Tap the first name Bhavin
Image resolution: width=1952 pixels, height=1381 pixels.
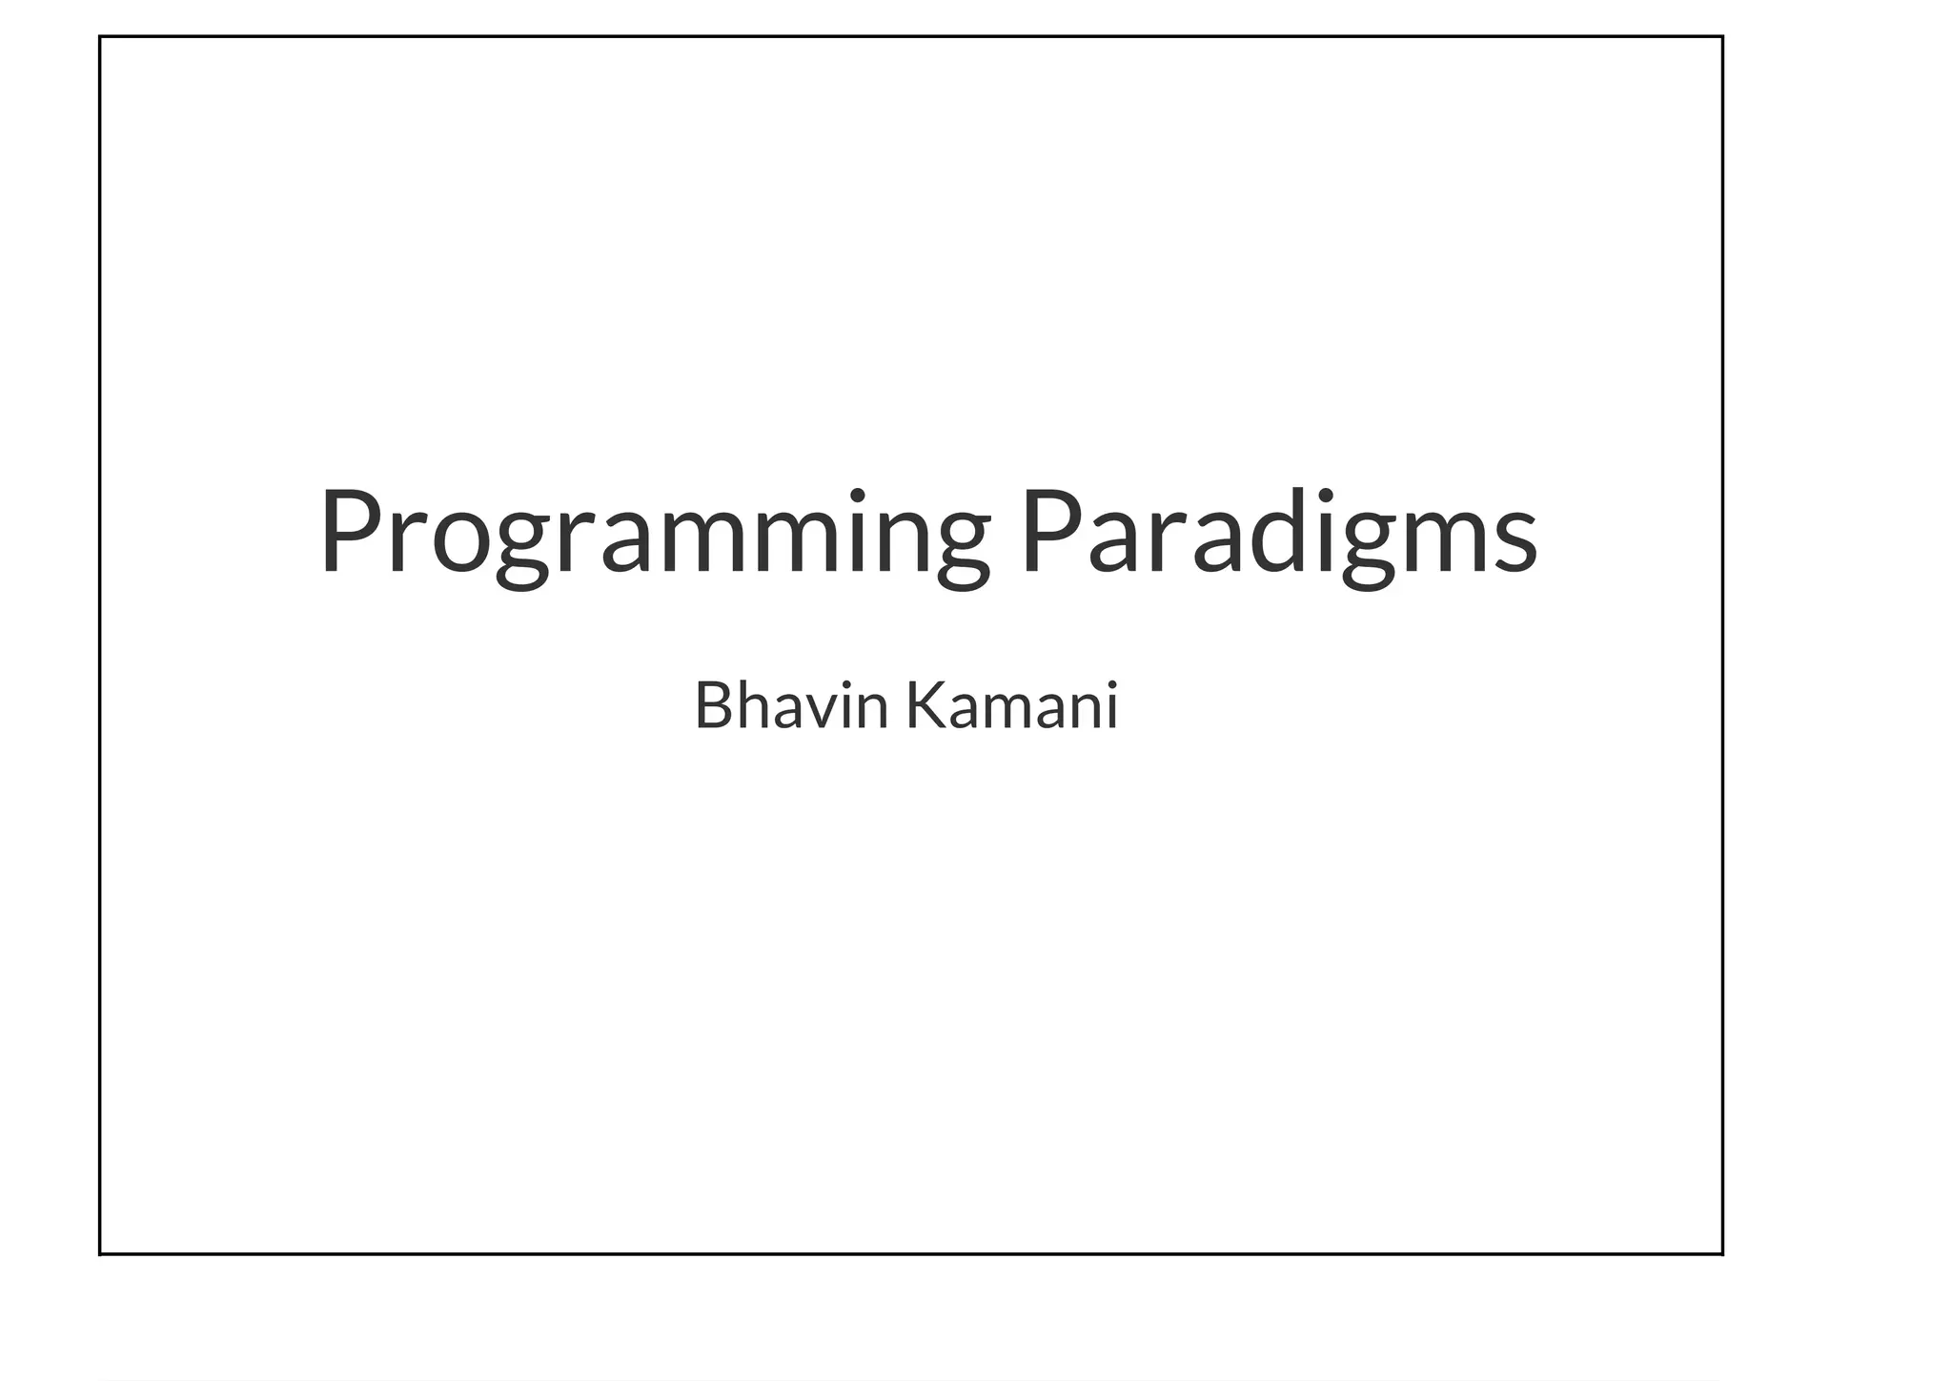point(790,707)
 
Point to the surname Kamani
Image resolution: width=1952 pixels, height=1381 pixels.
point(1011,707)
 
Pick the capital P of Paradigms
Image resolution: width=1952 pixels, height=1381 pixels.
point(1049,532)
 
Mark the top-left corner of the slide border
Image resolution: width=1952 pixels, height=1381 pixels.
point(100,36)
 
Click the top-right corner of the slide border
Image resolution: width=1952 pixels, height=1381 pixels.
point(1722,36)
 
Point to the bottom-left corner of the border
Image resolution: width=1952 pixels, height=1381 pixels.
point(100,1254)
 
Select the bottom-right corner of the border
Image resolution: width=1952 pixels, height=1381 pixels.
point(1722,1254)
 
